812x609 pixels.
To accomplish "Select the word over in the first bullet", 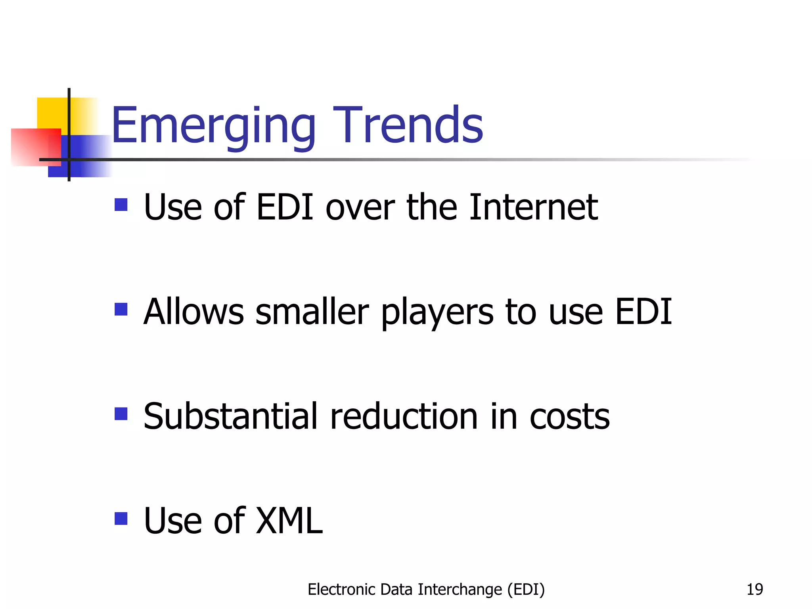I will click(360, 208).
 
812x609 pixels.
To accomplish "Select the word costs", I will click(569, 417).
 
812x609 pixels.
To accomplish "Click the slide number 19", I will click(755, 590).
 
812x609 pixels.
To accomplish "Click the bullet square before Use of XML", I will click(121, 519).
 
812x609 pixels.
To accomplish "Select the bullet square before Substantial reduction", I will click(121, 414).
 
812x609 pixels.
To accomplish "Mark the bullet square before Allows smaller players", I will click(121, 309).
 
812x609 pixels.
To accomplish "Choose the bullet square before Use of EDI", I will click(121, 205).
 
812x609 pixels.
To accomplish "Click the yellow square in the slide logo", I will click(52, 113).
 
